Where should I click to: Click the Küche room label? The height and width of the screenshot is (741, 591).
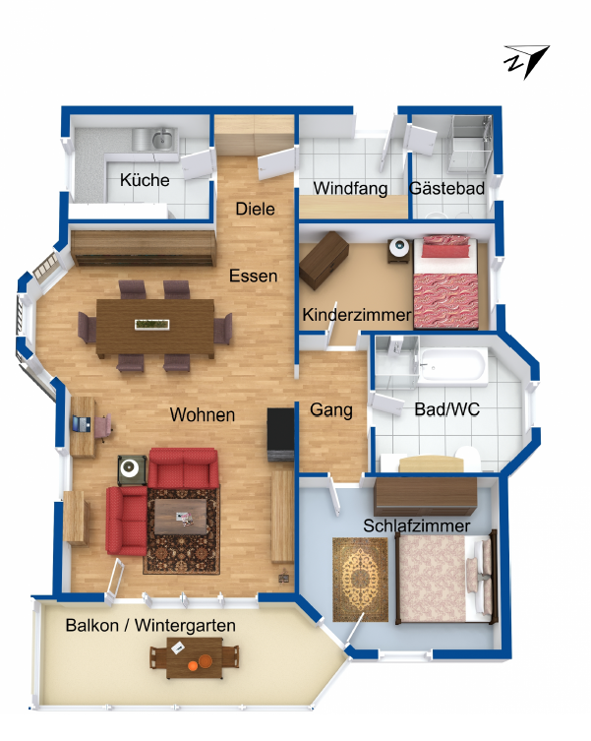[x=145, y=180]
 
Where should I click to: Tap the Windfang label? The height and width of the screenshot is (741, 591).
[x=350, y=188]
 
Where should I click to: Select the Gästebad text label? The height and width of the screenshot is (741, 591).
[x=446, y=188]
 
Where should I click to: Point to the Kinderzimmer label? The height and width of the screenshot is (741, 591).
[x=357, y=314]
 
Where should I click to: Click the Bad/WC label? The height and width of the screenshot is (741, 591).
[x=446, y=408]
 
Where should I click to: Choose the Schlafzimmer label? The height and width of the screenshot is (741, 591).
[x=416, y=525]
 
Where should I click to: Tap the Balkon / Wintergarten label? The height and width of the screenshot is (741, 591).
[x=150, y=625]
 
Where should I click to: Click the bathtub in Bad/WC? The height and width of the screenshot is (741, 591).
[x=452, y=365]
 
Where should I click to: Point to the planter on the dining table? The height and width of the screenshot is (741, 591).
[x=152, y=324]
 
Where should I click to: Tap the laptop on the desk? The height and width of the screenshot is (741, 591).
[x=82, y=423]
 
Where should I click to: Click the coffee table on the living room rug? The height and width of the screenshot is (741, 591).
[x=181, y=517]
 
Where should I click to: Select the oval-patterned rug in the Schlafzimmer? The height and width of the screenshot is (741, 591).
[x=360, y=580]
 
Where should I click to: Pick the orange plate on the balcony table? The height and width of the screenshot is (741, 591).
[x=206, y=661]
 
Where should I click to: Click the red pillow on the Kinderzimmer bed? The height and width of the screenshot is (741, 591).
[x=445, y=250]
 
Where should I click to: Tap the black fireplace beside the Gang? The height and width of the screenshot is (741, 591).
[x=280, y=434]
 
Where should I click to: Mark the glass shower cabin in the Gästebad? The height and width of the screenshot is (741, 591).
[x=470, y=144]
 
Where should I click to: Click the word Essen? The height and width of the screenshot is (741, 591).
[x=254, y=276]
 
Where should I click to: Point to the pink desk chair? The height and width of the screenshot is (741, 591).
[x=103, y=427]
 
